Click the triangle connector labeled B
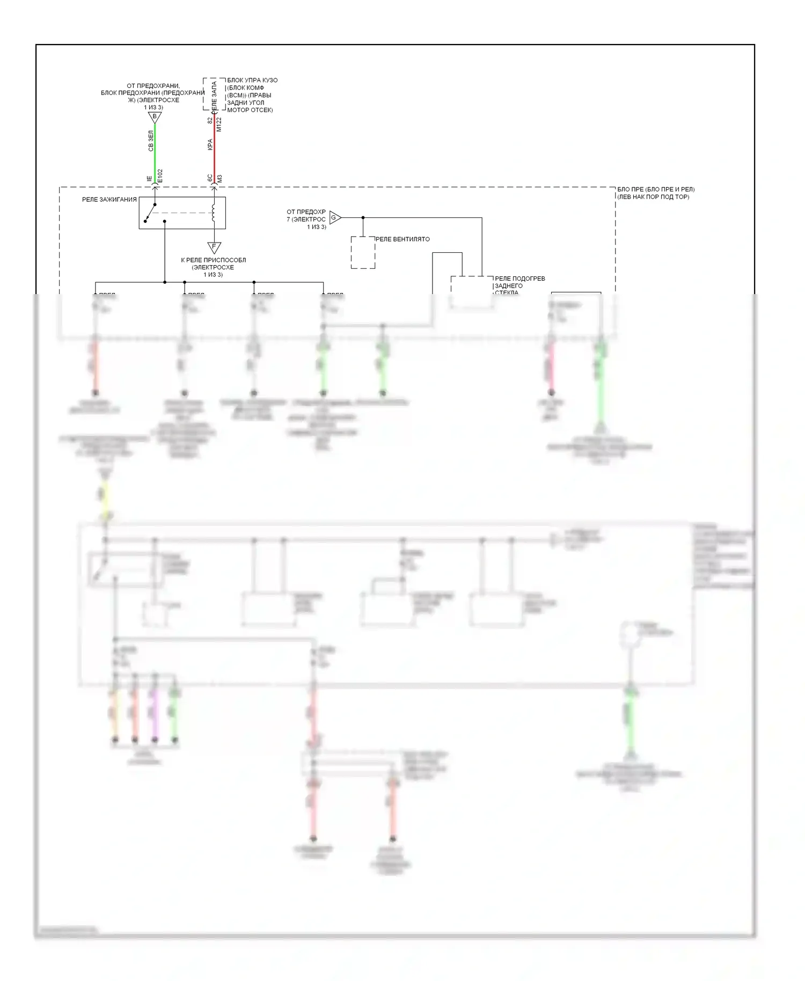coord(155,117)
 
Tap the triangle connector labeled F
coord(214,247)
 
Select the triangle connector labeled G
coord(335,218)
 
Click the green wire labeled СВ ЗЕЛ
coord(155,148)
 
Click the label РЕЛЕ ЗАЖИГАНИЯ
coord(109,200)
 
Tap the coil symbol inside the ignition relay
coord(214,213)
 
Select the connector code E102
coord(160,176)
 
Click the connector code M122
coord(219,125)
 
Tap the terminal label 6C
coord(210,177)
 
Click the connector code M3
coord(219,178)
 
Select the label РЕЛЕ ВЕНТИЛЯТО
coord(402,239)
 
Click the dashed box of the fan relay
coord(363,252)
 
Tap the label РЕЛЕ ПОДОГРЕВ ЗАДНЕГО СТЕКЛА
coord(519,286)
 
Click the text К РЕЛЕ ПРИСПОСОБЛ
coord(213,260)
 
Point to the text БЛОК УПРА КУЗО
coord(252,80)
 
